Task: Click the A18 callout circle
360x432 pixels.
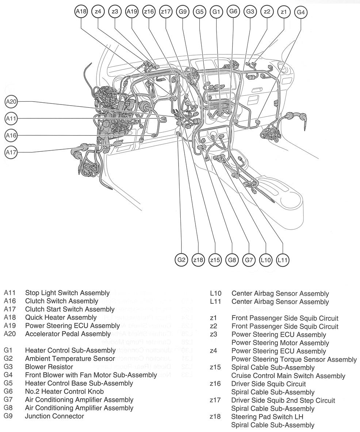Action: point(81,11)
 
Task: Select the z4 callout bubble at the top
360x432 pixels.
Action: point(98,11)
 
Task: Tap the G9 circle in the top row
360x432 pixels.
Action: point(182,11)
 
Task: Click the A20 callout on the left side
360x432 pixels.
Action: point(11,102)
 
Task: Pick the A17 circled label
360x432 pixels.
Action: point(11,152)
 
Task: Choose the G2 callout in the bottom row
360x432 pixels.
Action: point(181,260)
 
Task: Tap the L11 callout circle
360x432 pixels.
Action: point(283,260)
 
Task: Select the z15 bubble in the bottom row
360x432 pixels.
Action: point(215,260)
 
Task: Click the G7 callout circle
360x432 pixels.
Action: point(249,260)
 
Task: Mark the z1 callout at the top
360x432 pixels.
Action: point(284,11)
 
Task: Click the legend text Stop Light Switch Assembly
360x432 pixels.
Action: point(67,293)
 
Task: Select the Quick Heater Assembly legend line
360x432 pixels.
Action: point(61,317)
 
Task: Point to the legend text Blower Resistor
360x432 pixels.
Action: point(49,367)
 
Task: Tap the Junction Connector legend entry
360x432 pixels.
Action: point(54,416)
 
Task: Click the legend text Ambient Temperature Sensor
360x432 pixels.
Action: point(70,359)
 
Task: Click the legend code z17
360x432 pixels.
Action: point(215,400)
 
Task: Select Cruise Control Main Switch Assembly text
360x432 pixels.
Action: point(288,376)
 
